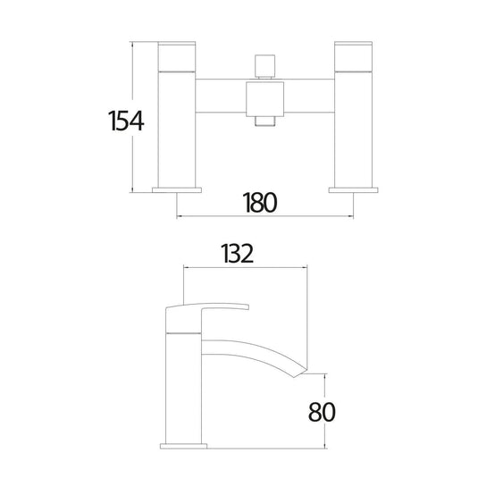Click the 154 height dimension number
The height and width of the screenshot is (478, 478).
[126, 121]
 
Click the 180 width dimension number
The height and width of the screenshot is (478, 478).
[260, 203]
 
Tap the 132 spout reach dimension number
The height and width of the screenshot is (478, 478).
[238, 254]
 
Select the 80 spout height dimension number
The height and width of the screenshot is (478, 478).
[322, 412]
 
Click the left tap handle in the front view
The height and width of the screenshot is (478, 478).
[177, 56]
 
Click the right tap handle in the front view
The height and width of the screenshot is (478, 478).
[353, 56]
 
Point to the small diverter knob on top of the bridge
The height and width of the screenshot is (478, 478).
[265, 66]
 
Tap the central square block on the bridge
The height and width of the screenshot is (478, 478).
[265, 98]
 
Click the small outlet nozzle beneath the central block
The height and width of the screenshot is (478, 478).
[265, 121]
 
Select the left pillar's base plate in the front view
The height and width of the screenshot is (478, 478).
[177, 190]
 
